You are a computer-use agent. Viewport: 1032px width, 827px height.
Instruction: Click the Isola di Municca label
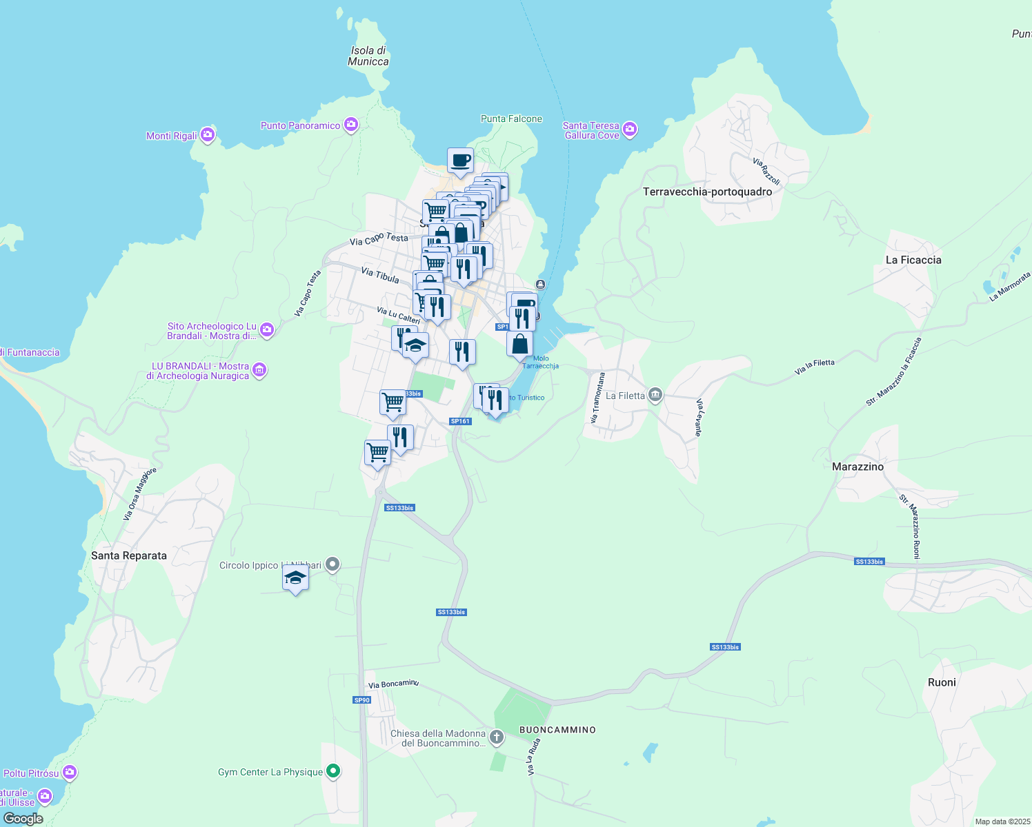[x=368, y=56]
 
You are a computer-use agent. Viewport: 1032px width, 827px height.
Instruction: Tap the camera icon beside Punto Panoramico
[x=351, y=125]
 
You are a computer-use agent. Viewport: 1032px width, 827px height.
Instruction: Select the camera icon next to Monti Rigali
[x=208, y=135]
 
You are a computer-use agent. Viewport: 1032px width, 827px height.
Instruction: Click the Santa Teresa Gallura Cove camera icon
[x=629, y=130]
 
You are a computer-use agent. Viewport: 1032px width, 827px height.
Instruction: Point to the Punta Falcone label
[x=511, y=119]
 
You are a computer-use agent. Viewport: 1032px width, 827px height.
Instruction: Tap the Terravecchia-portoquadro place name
[x=707, y=192]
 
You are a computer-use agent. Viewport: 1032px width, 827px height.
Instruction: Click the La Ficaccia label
[x=913, y=260]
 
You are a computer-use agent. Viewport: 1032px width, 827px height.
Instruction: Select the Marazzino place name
[x=857, y=467]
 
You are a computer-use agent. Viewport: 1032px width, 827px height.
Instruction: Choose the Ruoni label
[x=942, y=682]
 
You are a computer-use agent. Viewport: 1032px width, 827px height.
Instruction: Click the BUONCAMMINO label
[x=557, y=730]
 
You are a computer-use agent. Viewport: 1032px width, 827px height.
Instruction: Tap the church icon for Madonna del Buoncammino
[x=496, y=738]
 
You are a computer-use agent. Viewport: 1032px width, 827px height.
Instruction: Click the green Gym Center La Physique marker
[x=333, y=771]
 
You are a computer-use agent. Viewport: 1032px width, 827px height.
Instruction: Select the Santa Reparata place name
[x=129, y=555]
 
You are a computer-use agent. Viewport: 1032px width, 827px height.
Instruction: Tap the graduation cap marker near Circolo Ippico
[x=295, y=578]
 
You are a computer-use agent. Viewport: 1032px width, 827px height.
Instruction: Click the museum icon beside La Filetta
[x=655, y=396]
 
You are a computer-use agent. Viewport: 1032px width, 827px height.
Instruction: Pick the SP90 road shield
[x=361, y=700]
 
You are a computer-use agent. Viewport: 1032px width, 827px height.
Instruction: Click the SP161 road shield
[x=460, y=421]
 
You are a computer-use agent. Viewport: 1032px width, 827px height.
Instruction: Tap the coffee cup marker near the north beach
[x=460, y=161]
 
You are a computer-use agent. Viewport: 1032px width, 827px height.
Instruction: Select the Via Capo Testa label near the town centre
[x=379, y=239]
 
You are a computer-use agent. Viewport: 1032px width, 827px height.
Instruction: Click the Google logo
[x=23, y=819]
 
